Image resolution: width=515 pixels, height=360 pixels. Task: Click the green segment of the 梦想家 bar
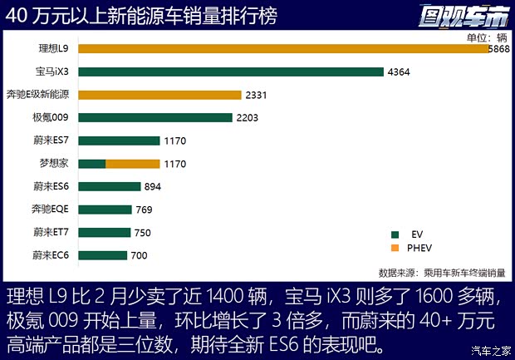tap(91, 164)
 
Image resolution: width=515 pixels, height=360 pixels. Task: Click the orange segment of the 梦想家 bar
tap(132, 164)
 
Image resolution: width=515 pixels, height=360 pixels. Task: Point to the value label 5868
tap(500, 49)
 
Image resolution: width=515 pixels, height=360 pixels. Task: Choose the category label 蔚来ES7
tap(51, 141)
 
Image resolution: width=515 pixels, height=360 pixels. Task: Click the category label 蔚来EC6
tap(51, 254)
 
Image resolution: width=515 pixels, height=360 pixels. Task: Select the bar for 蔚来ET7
tap(105, 232)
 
